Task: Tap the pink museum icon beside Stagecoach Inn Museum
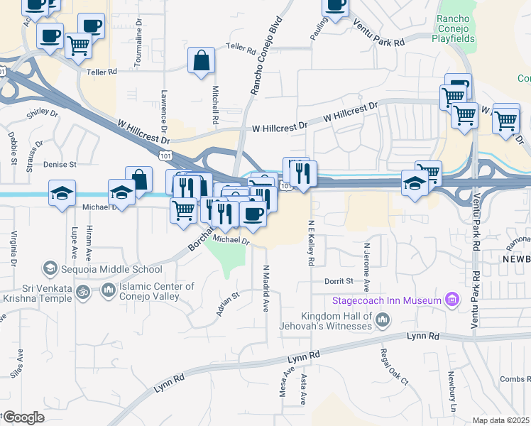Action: pos(451,300)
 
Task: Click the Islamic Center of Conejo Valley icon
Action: pos(108,290)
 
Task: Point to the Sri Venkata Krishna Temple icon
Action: pos(82,290)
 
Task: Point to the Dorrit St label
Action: pos(339,280)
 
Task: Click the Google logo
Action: pos(23,417)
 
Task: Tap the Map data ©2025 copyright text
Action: pos(501,420)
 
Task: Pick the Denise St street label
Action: pos(60,165)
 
